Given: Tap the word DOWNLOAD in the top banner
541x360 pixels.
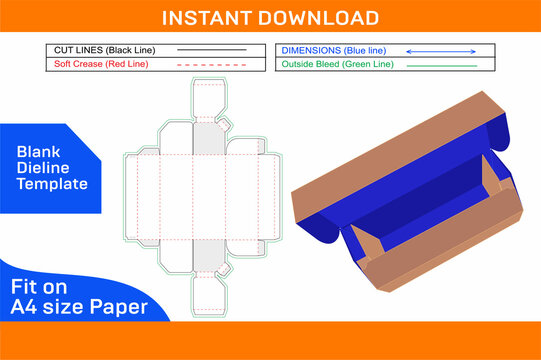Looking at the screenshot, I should (x=321, y=18).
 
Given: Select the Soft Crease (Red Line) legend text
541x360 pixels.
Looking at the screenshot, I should (x=98, y=64).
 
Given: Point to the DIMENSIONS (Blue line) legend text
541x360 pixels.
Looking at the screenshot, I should (x=332, y=49).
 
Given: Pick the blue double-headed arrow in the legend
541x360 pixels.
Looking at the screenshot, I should (x=447, y=49).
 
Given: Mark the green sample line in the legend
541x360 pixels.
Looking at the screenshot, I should (x=447, y=64).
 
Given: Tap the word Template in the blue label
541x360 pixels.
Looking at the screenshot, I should (x=53, y=184).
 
